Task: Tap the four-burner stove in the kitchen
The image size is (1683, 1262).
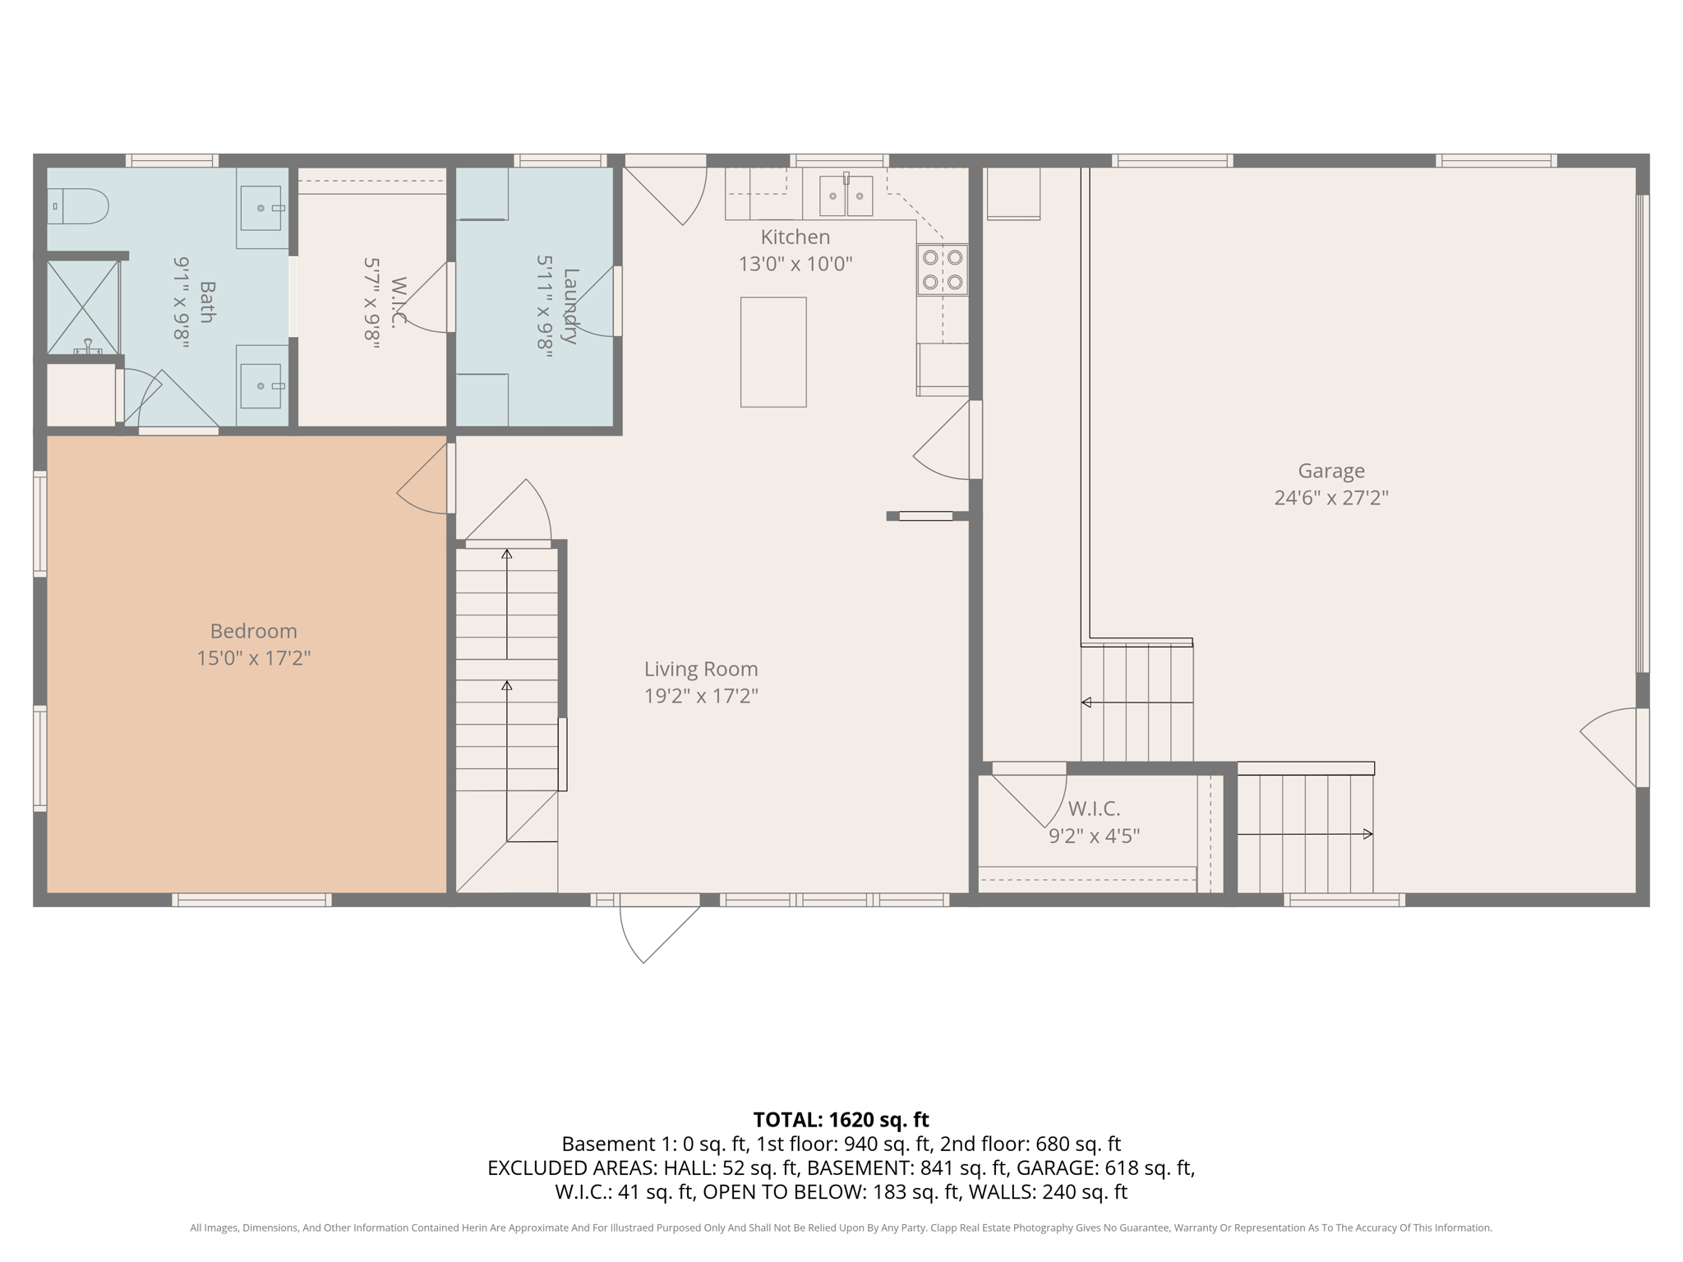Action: coord(943,269)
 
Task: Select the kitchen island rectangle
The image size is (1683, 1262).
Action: coord(773,352)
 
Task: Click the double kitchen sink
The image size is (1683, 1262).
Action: coord(846,196)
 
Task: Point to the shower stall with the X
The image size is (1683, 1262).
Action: coord(82,306)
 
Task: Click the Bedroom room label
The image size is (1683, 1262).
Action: coord(253,631)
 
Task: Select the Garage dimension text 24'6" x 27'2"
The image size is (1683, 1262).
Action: coord(1330,497)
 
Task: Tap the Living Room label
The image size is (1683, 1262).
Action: coord(700,669)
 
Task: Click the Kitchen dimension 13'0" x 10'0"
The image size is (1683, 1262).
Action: coord(795,264)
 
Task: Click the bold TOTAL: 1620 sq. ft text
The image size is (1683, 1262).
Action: coord(841,1120)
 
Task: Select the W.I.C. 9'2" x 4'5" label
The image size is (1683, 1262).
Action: coord(1094,822)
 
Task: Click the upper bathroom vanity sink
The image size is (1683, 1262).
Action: coord(262,208)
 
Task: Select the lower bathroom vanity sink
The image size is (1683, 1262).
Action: coord(262,386)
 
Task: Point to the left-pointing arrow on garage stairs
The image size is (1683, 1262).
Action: coord(1087,702)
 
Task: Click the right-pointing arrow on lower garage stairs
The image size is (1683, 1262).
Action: coord(1367,834)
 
